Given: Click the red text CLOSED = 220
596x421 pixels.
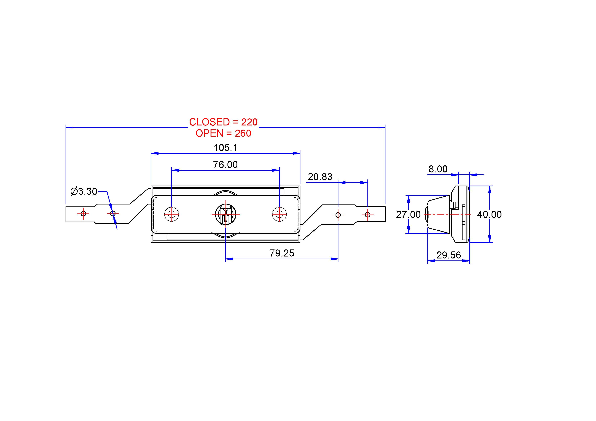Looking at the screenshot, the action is [223, 122].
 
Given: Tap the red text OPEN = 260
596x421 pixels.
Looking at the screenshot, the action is [223, 133].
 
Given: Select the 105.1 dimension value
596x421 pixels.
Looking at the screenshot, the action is [226, 148].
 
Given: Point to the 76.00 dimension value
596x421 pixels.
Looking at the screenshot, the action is [225, 165].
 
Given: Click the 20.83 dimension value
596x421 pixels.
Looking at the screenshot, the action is [320, 177].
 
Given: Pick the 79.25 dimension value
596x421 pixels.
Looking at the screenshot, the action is [282, 253].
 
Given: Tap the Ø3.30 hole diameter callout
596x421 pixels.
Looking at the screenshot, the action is [84, 192].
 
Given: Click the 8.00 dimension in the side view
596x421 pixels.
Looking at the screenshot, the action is [438, 169].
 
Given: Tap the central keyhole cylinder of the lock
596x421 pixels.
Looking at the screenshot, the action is [226, 214].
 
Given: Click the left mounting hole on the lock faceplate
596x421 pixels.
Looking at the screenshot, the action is [172, 214].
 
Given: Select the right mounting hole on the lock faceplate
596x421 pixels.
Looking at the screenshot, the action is [279, 214].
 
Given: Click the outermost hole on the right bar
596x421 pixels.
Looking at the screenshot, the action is [368, 215].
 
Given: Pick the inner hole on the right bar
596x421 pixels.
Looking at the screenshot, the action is [338, 215].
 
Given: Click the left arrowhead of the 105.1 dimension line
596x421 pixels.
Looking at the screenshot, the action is [155, 153].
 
